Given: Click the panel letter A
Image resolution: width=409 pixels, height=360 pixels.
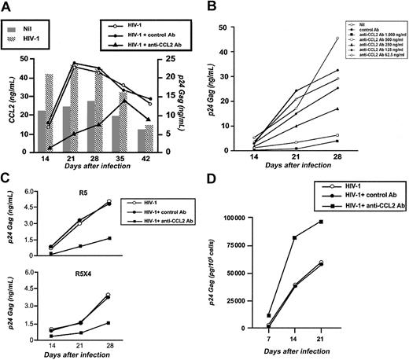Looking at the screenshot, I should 8,9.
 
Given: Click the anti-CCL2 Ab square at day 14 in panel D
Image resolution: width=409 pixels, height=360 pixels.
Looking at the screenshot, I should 318,237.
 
